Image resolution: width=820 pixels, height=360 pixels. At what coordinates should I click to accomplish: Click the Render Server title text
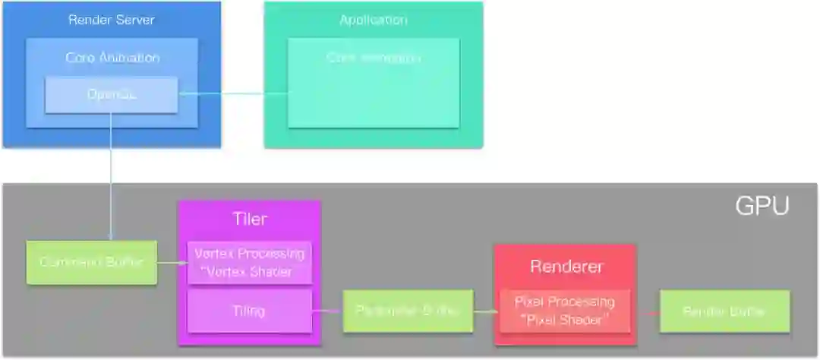point(112,20)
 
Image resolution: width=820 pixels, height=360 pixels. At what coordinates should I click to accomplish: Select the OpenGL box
point(111,95)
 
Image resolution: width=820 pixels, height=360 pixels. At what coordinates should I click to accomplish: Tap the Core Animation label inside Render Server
point(112,58)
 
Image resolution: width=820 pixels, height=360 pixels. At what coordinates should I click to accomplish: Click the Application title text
point(373,20)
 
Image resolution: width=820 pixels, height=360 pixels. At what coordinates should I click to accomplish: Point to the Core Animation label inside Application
point(373,58)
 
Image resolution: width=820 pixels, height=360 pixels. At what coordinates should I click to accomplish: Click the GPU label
point(762,206)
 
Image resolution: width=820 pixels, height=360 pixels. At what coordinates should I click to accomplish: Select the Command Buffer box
point(91,263)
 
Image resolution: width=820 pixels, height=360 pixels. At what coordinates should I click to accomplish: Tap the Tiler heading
point(249,219)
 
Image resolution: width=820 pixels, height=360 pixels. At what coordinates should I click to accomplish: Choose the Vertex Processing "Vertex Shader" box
point(249,263)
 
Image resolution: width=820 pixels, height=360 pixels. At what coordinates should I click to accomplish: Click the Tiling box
point(249,311)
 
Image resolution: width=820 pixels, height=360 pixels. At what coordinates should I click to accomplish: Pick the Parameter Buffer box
point(408,311)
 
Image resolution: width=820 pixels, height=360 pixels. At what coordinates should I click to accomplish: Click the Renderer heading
point(566,267)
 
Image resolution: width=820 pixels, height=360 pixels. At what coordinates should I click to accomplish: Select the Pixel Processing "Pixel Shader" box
point(565,311)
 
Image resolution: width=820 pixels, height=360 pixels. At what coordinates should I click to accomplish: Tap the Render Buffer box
point(724,311)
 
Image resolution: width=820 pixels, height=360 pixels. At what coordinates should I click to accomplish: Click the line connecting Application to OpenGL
point(232,94)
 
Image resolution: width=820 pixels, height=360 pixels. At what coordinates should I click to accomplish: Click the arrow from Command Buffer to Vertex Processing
point(172,263)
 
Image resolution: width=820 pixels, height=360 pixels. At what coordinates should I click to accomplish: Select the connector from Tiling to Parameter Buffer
point(327,311)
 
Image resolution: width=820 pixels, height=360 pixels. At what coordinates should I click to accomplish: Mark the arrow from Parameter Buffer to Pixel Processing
point(486,311)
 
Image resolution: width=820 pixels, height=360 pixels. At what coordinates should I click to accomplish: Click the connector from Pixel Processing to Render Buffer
point(645,311)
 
